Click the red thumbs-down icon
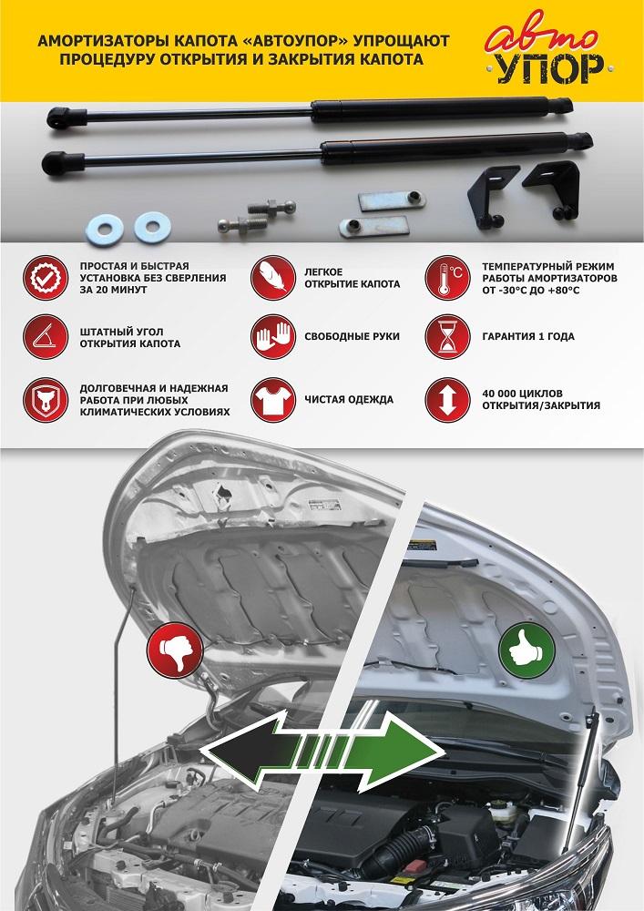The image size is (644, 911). pos(176,650)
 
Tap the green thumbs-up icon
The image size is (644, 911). pos(527,650)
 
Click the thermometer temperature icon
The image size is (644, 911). pos(447,278)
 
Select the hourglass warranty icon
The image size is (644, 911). pos(447,336)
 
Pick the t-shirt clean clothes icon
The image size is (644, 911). pos(273,400)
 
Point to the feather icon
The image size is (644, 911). pos(273,278)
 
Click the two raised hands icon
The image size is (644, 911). pos(273,336)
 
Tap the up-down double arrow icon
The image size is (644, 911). pos(447,400)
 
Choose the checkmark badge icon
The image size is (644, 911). pos(46,278)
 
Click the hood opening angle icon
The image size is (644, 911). pos(46,336)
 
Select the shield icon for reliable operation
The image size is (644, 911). pos(46,400)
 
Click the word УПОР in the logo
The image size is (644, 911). pos(548,68)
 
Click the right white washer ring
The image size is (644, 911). pos(153,227)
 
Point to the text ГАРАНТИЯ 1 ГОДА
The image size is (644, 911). pos(528,336)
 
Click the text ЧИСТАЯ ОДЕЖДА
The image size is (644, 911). pos(349,400)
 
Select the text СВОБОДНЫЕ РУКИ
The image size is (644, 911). pos(353,336)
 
